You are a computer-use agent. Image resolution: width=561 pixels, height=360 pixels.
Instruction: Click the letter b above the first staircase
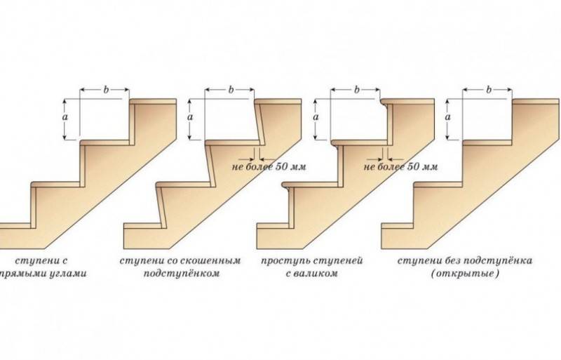pyautogui.click(x=106, y=90)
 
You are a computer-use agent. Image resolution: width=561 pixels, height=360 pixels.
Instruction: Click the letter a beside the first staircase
pyautogui.click(x=65, y=116)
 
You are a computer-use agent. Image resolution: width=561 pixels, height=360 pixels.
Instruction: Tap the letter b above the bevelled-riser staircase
pyautogui.click(x=231, y=90)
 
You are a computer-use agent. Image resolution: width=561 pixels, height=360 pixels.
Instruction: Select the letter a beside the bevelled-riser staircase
pyautogui.click(x=190, y=116)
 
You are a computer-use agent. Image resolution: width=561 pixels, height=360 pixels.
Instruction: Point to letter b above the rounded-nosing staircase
pyautogui.click(x=356, y=90)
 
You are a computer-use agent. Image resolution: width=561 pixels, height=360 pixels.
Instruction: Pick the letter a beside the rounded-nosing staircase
pyautogui.click(x=316, y=116)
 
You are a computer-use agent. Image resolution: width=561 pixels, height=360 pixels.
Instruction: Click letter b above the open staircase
pyautogui.click(x=489, y=90)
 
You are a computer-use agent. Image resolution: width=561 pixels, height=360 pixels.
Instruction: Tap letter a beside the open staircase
pyautogui.click(x=448, y=116)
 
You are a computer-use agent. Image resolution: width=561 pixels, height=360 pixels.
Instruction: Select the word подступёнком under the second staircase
pyautogui.click(x=182, y=274)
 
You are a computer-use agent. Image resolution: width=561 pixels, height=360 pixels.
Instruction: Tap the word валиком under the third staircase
pyautogui.click(x=317, y=274)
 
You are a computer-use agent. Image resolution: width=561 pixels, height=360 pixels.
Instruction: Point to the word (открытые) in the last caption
pyautogui.click(x=465, y=274)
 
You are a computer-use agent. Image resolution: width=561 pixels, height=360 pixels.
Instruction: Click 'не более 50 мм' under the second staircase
pyautogui.click(x=269, y=166)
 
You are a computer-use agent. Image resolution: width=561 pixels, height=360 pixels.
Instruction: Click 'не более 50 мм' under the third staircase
pyautogui.click(x=400, y=166)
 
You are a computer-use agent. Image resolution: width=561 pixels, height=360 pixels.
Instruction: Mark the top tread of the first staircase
pyautogui.click(x=153, y=102)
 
